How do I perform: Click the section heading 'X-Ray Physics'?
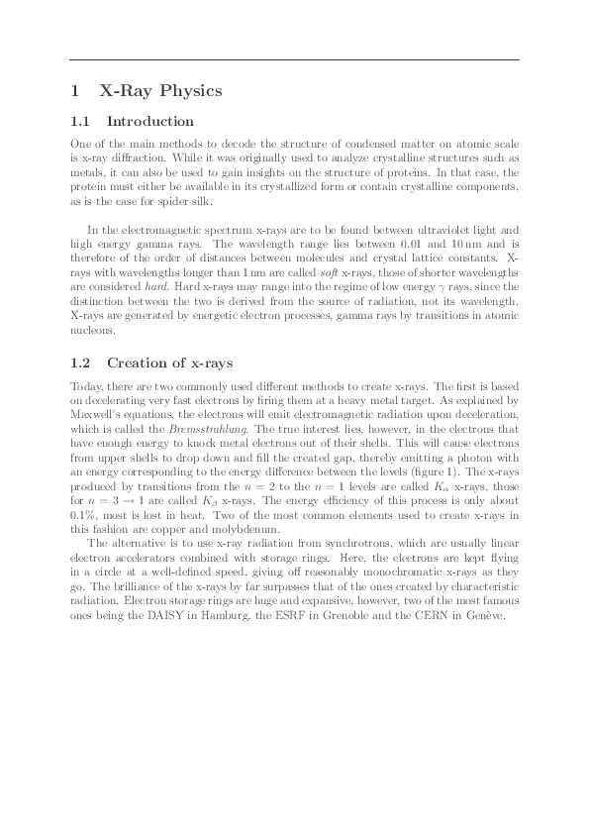161,91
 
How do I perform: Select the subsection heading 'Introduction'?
149,122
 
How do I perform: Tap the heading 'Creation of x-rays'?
169,363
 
